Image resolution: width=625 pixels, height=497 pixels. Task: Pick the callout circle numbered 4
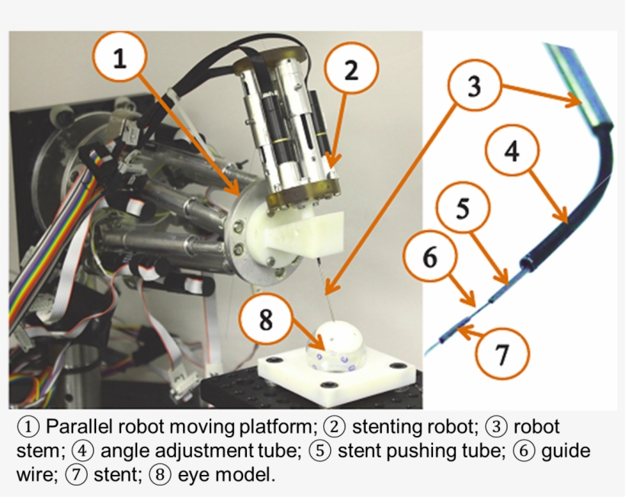point(511,152)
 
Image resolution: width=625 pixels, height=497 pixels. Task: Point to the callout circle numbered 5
point(463,210)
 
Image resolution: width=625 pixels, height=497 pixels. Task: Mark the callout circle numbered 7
point(501,353)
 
